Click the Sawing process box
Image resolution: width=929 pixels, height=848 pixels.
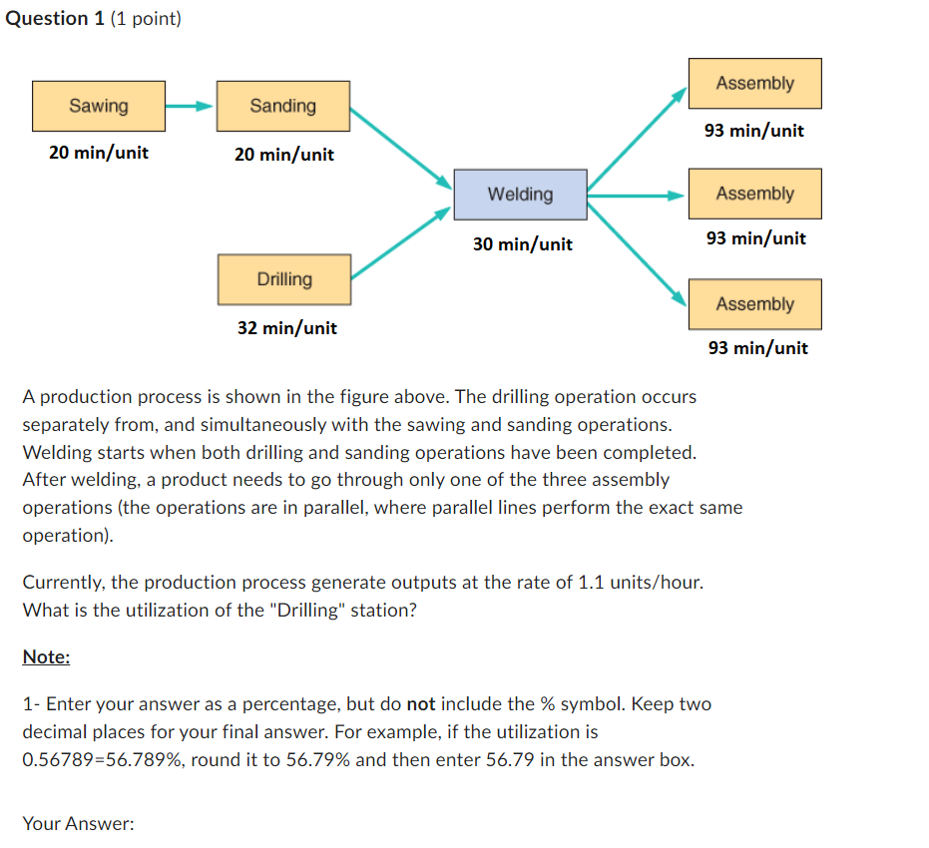(x=99, y=106)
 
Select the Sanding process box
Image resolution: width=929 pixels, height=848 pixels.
(x=283, y=106)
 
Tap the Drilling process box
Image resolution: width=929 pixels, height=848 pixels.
(x=284, y=279)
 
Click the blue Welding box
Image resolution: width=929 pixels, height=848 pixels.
(x=520, y=195)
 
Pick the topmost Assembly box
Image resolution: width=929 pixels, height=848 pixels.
(x=754, y=84)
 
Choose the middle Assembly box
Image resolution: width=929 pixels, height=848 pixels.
(x=754, y=195)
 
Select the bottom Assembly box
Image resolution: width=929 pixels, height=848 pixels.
(x=754, y=304)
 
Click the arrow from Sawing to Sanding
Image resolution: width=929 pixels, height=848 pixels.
(x=190, y=106)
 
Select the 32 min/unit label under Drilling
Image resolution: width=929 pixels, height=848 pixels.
(x=287, y=328)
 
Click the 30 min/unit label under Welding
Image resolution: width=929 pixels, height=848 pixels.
(x=523, y=244)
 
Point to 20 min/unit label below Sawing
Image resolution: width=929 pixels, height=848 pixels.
(x=99, y=154)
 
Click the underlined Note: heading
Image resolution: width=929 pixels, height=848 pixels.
(x=46, y=656)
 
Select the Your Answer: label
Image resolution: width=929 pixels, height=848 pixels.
(x=78, y=824)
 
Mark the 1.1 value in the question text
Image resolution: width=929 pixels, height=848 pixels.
(x=590, y=583)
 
